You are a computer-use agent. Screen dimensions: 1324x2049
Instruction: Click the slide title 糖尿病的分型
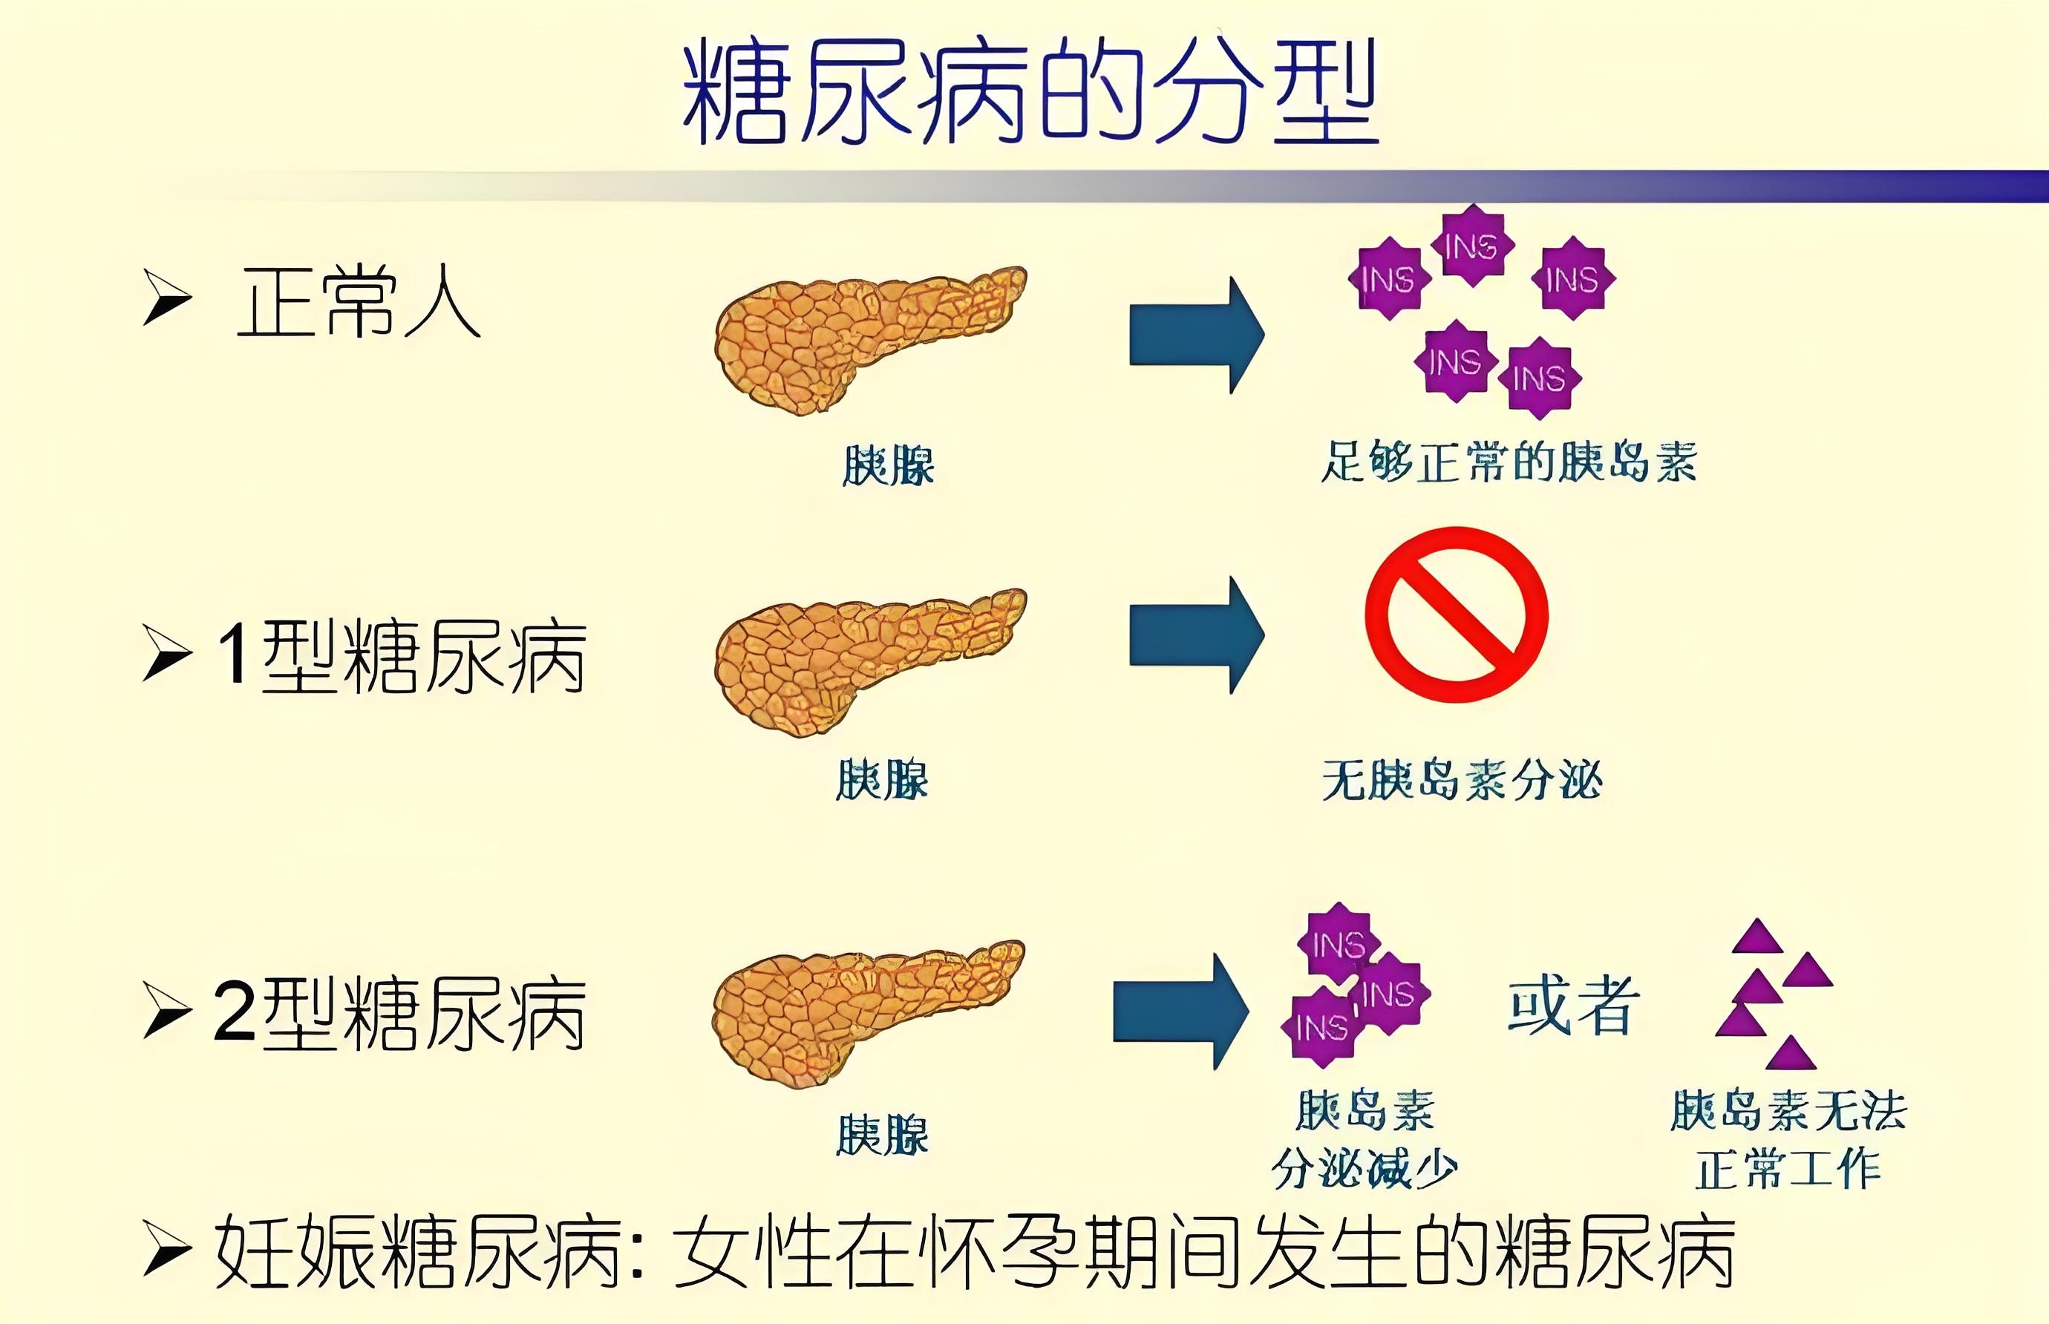click(1030, 91)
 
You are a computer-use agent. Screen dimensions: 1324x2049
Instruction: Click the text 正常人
click(358, 303)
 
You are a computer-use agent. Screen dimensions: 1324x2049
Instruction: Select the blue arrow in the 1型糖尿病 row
click(1196, 635)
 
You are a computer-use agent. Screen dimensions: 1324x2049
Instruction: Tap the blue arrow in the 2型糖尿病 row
click(1180, 1011)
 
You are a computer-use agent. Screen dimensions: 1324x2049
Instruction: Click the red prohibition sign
click(1457, 614)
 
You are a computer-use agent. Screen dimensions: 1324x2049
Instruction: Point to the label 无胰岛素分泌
click(1462, 781)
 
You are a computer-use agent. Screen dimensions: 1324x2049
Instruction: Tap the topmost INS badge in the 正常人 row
click(1472, 246)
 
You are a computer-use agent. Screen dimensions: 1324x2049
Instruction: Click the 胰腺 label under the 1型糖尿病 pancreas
click(882, 780)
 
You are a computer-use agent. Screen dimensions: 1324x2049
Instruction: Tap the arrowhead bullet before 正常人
click(166, 298)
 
